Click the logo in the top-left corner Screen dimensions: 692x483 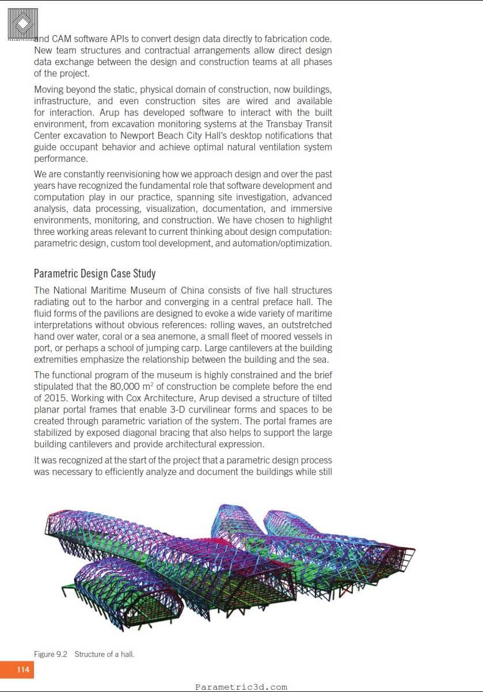click(x=23, y=24)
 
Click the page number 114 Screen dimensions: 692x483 click(x=23, y=670)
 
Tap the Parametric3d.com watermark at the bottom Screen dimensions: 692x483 click(x=241, y=687)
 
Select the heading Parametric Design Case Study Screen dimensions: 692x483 click(x=94, y=273)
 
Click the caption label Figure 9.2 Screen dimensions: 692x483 click(x=51, y=654)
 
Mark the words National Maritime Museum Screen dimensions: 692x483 click(x=104, y=290)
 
